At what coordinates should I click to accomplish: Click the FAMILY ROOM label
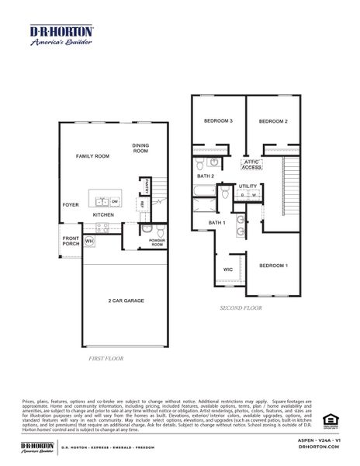click(x=92, y=157)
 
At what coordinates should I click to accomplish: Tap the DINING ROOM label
click(x=140, y=148)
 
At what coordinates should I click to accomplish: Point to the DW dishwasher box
click(x=113, y=201)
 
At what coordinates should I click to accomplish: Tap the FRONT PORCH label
click(x=71, y=241)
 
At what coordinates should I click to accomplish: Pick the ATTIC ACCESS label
click(x=251, y=165)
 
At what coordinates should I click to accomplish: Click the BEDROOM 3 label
click(x=219, y=121)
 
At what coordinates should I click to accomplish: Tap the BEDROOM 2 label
click(x=273, y=121)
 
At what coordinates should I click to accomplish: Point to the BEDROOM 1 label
click(x=273, y=266)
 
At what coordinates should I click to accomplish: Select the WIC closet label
click(x=228, y=270)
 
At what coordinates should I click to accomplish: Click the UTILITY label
click(x=247, y=186)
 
